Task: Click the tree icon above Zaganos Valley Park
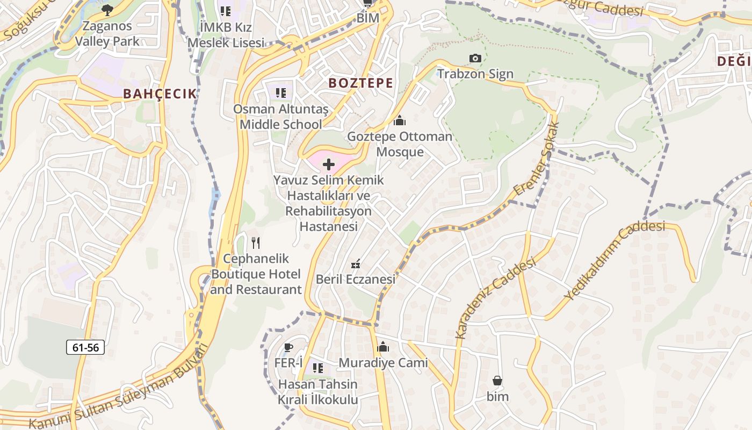[107, 9]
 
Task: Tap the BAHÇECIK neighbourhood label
[160, 94]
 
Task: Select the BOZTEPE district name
[360, 83]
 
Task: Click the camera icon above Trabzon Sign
[475, 58]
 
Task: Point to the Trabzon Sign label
[475, 74]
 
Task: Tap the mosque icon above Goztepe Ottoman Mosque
[400, 120]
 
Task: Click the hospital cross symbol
[329, 164]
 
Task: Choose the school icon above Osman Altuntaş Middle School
[280, 93]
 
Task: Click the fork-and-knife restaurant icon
[256, 243]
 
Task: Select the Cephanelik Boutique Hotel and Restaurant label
[256, 274]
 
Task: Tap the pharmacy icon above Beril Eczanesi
[355, 264]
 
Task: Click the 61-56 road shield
[85, 347]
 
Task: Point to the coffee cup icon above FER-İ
[288, 347]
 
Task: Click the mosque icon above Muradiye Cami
[383, 347]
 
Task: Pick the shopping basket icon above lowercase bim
[497, 381]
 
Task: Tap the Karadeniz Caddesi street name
[495, 298]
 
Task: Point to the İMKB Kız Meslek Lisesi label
[226, 34]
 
